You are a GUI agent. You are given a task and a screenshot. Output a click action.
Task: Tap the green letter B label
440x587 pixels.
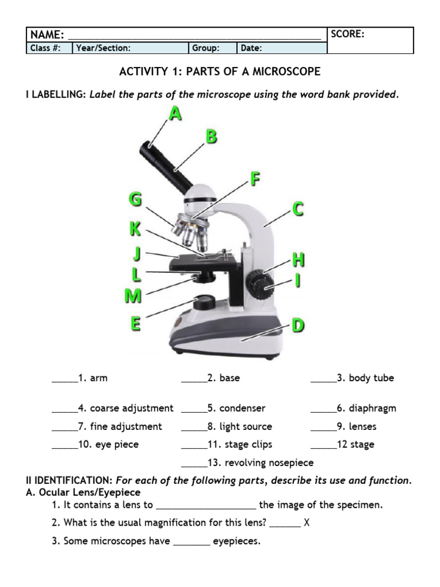[211, 136]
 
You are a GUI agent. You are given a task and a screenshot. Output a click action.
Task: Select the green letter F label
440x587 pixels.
[256, 179]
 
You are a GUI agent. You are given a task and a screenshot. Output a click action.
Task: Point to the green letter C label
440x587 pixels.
[298, 209]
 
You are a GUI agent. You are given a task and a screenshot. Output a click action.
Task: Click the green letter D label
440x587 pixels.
[298, 326]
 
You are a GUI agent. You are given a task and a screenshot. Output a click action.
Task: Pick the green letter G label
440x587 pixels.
[135, 200]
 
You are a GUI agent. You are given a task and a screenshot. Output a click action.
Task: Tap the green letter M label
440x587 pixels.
[133, 296]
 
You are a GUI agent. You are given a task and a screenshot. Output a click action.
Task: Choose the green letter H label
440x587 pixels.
[298, 260]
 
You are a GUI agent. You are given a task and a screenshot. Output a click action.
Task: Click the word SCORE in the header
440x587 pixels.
[348, 34]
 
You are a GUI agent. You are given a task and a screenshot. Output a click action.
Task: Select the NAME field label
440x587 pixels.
[47, 35]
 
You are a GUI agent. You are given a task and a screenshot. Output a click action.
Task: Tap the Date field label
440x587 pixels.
[251, 48]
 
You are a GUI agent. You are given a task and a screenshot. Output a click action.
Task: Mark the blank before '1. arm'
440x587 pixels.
[64, 378]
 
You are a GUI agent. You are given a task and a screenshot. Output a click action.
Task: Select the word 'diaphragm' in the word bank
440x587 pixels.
[372, 408]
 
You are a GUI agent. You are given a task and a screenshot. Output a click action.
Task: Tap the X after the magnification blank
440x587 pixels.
[307, 523]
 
